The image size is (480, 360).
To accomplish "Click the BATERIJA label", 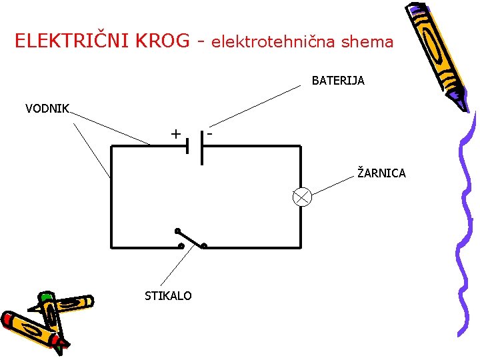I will coord(338,81).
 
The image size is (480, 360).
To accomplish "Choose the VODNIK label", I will coord(47,109).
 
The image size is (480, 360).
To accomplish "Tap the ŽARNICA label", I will coord(381,173).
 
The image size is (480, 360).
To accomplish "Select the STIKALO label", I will coord(168,295).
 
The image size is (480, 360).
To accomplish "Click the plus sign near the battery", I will coord(175,134).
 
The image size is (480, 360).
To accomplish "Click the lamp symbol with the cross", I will coord(303,197).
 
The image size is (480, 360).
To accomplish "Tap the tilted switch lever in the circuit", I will coord(190,239).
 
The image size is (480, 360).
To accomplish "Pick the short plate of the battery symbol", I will coord(188,145).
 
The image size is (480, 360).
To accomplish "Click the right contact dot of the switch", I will coord(204,246).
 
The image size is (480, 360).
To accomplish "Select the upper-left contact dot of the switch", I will coord(177,231).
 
